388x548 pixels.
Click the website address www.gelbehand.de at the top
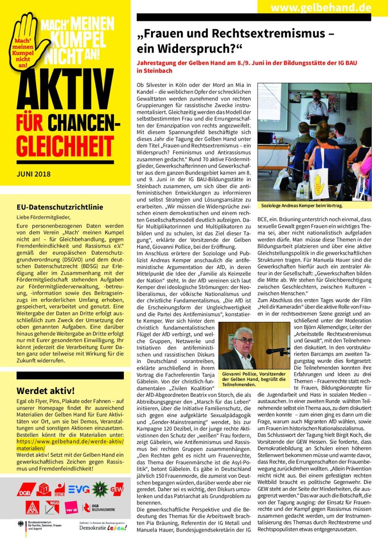coord(321,7)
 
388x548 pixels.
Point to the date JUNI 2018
coord(34,174)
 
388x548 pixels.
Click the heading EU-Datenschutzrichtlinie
coord(60,207)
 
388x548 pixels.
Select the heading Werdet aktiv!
coord(45,391)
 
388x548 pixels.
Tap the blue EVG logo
coord(79,489)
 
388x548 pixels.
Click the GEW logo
coord(117,489)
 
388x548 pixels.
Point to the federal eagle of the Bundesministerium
coord(21,524)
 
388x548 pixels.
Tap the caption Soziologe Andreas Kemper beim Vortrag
coord(302,205)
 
